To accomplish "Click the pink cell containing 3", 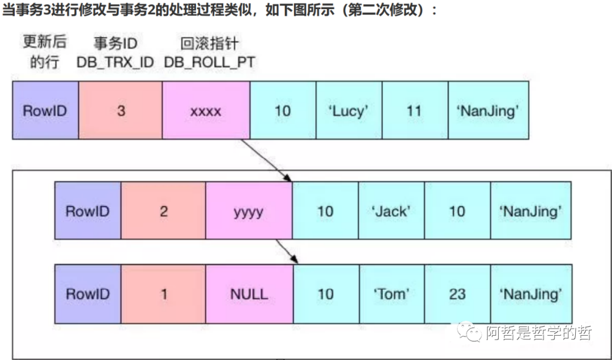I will (x=121, y=110).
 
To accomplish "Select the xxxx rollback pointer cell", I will (x=206, y=110).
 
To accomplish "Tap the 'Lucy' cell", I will (x=349, y=110).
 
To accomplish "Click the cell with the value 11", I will (x=415, y=110).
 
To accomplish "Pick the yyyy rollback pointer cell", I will (x=249, y=211).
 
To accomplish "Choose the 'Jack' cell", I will (x=391, y=211).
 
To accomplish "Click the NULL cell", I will (x=249, y=294).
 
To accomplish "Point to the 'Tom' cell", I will (x=392, y=294).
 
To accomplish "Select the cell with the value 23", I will (x=457, y=294).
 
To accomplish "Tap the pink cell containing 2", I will (x=164, y=211).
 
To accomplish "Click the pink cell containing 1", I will (x=164, y=294).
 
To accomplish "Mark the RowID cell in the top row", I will (x=45, y=110).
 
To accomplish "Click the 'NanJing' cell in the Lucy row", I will (x=488, y=110).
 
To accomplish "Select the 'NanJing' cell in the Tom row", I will (x=530, y=294).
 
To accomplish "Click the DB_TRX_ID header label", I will (x=116, y=62).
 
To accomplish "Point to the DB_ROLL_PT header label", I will (x=209, y=62).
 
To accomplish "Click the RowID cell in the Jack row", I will (x=88, y=211).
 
